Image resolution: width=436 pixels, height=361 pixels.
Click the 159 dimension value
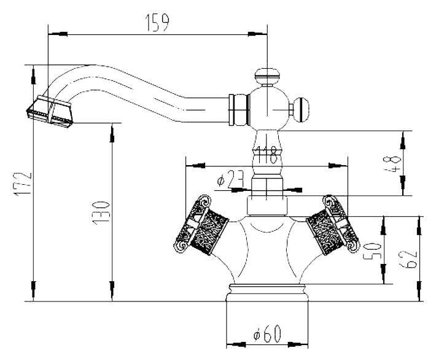157,23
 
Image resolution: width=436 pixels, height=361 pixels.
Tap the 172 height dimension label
23,184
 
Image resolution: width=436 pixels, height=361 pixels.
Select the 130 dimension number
101,212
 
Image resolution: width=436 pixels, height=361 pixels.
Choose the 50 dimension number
372,250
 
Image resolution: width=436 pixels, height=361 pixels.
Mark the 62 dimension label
408,259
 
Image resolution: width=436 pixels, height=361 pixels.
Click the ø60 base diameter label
267,333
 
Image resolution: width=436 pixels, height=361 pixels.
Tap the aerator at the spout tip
50,111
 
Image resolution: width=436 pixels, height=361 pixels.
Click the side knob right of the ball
300,110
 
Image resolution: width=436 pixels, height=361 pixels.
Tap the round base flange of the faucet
267,293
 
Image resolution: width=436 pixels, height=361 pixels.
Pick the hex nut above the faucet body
267,206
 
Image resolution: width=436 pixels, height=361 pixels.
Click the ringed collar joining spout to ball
239,110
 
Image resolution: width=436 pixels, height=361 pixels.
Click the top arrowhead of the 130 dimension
112,133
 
